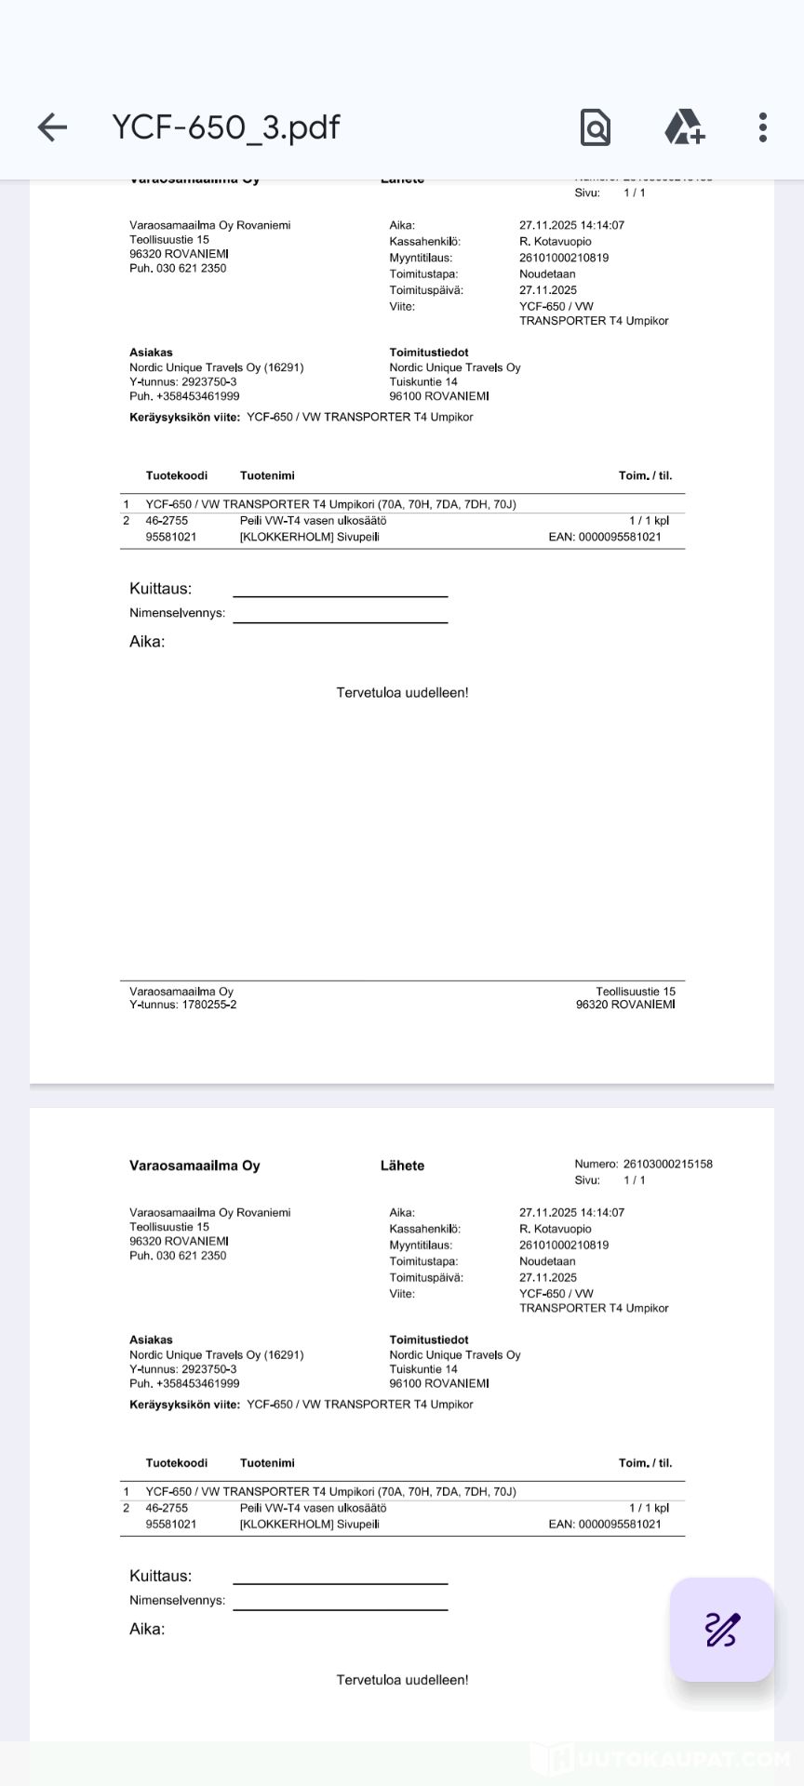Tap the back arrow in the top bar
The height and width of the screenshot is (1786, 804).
point(52,127)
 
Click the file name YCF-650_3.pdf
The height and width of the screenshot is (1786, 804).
point(226,127)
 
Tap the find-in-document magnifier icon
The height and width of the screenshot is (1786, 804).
point(596,127)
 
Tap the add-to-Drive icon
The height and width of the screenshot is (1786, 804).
point(684,127)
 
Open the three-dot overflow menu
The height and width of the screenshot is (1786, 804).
point(763,127)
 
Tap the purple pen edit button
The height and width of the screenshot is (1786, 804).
point(722,1630)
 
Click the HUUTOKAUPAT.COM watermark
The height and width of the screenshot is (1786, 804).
point(661,1759)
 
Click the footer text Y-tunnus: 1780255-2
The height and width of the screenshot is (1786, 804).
point(182,1005)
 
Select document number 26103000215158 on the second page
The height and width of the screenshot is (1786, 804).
point(667,1164)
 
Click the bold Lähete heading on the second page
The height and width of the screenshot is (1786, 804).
point(402,1166)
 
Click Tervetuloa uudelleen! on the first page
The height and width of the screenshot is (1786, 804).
point(402,693)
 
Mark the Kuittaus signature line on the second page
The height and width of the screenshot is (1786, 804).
point(340,1582)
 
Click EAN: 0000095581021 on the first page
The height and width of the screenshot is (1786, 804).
point(605,537)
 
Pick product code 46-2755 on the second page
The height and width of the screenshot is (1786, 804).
point(167,1508)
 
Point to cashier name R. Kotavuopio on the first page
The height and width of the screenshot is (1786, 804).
point(556,242)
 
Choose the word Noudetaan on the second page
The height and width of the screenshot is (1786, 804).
point(547,1261)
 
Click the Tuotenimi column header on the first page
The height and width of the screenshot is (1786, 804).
point(267,475)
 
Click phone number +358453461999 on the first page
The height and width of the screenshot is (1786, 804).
point(197,396)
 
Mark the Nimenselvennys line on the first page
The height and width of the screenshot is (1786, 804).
point(340,621)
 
